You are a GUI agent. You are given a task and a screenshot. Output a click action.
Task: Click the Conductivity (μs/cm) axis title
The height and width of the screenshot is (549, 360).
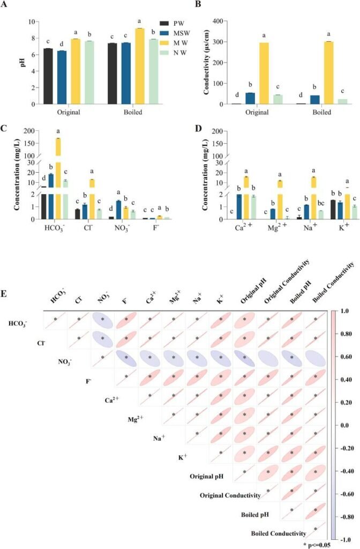[201, 63]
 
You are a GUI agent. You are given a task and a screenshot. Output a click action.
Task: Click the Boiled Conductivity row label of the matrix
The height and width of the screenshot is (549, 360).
[279, 533]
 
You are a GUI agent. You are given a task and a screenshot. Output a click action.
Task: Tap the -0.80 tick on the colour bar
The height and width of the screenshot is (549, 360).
[348, 517]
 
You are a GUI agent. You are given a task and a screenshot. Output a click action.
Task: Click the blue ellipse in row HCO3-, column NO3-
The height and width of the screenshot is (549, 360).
[102, 321]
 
